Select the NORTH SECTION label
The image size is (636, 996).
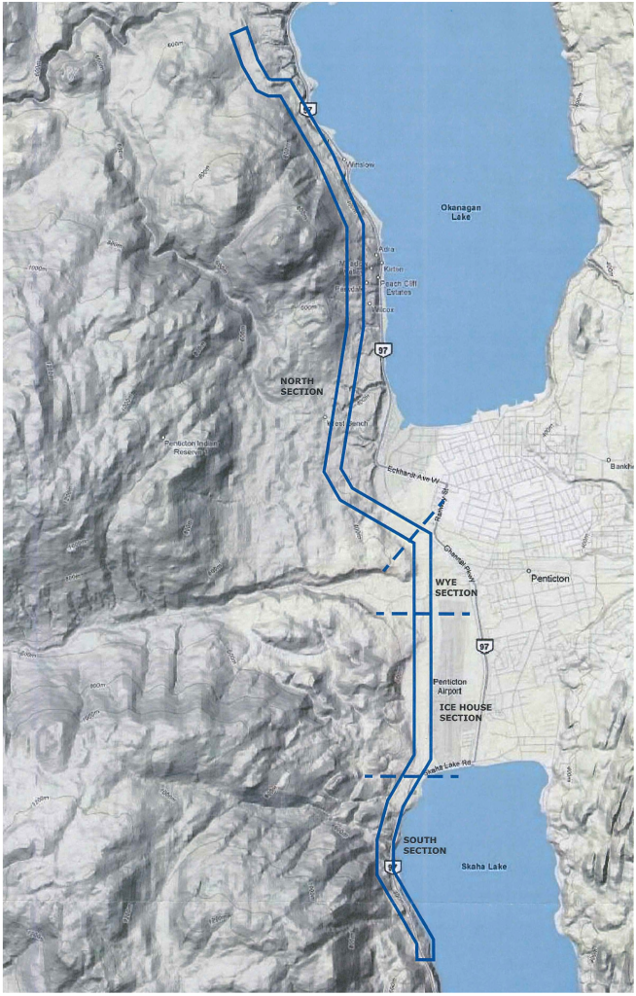300,385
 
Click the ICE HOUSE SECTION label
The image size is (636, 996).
460,712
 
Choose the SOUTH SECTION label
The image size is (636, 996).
425,845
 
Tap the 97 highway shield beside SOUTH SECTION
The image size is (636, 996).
391,867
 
